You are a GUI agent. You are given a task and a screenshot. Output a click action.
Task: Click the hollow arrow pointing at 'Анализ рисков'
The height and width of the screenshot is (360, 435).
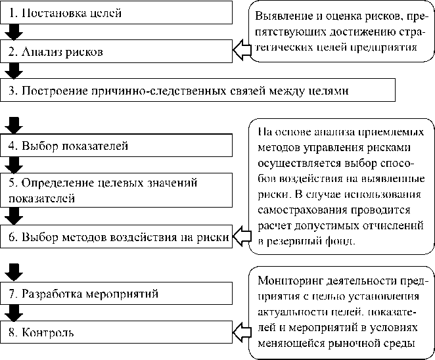point(243,49)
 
